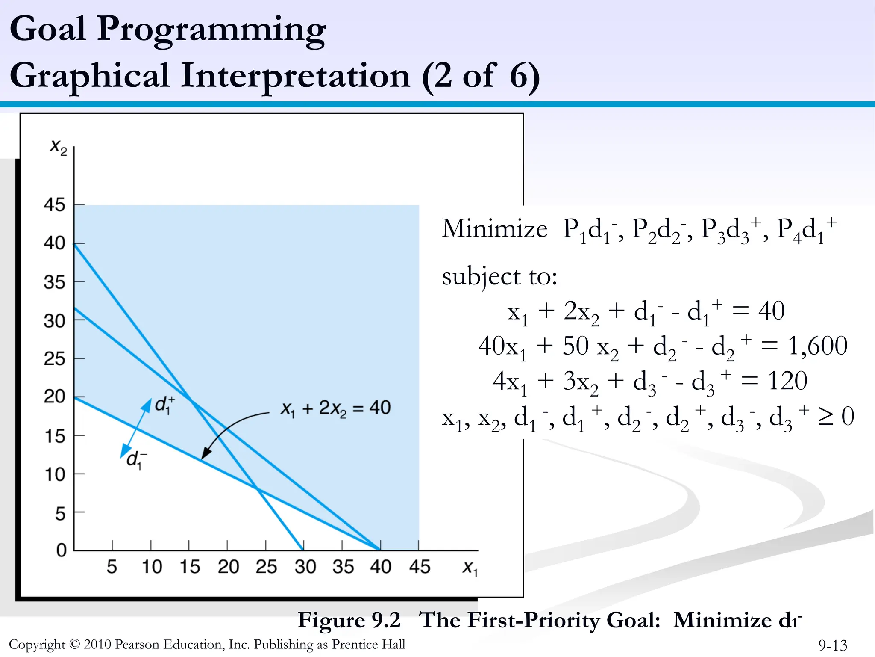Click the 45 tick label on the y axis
(54, 205)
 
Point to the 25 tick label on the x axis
(266, 567)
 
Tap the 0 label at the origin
(62, 550)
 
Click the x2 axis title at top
(59, 147)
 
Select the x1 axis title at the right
(470, 568)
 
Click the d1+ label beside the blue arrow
(164, 405)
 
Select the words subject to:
(499, 276)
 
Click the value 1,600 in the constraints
(817, 346)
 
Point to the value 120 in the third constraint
(787, 381)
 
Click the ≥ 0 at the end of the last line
(835, 416)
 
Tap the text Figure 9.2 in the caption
(349, 620)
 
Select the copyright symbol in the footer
(74, 644)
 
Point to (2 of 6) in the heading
(481, 76)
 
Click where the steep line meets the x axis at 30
(303, 550)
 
